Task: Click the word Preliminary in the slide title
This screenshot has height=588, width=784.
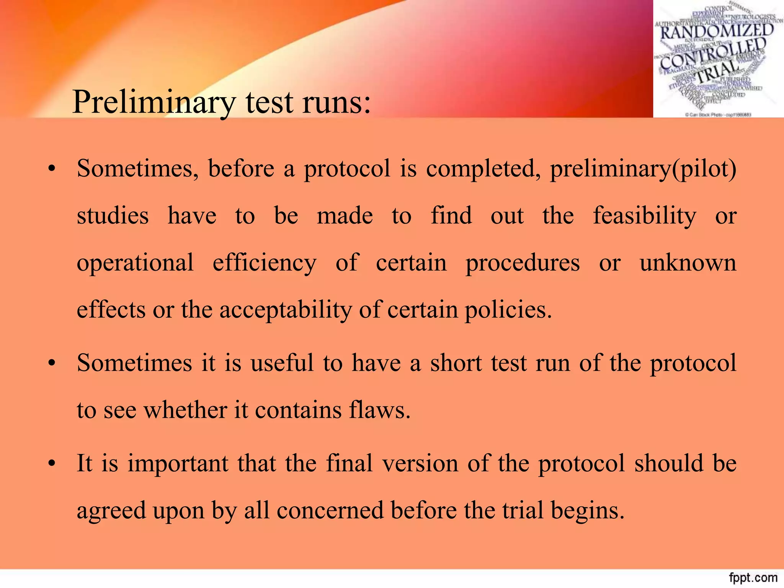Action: [x=154, y=102]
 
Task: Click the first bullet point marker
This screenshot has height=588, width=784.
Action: [x=52, y=169]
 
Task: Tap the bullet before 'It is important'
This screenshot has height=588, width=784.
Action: [x=52, y=464]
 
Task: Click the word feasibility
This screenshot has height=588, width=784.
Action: [x=645, y=216]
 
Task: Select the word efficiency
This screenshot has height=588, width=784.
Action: [x=265, y=263]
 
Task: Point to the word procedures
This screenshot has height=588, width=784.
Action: [x=523, y=263]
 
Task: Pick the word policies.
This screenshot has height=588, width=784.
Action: [x=508, y=309]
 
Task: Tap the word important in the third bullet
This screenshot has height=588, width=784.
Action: [x=178, y=464]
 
